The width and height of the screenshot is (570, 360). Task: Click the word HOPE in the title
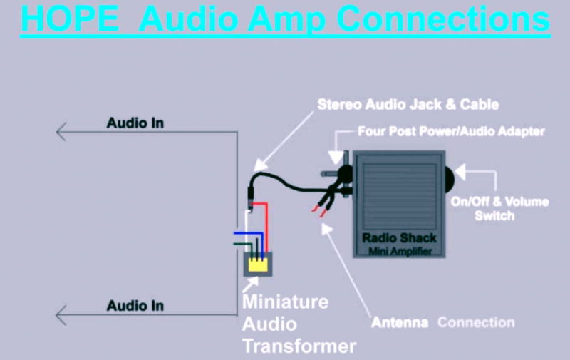tap(70, 19)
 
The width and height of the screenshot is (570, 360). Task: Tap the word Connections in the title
tap(443, 19)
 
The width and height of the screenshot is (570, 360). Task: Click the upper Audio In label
tap(135, 123)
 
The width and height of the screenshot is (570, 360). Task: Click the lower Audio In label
tap(135, 305)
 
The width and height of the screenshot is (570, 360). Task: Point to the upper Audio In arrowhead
tap(61, 131)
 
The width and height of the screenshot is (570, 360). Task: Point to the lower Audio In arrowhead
tap(61, 315)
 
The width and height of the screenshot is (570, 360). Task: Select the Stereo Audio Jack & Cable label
tap(408, 104)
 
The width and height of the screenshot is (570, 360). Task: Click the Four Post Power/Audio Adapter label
tap(451, 131)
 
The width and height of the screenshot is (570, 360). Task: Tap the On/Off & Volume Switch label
tap(500, 209)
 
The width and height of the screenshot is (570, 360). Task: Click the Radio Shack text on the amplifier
tap(399, 238)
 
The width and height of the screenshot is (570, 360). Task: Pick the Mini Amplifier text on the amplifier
tap(400, 251)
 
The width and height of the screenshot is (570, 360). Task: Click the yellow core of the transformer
tap(258, 264)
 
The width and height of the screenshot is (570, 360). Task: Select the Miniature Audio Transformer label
tap(299, 324)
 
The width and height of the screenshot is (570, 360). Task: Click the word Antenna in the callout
tap(400, 322)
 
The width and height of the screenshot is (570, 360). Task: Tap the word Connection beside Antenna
tap(476, 322)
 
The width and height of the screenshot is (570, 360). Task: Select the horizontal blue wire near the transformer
tap(248, 232)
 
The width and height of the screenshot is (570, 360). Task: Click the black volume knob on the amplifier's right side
tap(450, 179)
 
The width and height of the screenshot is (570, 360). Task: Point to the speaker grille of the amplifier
tap(399, 196)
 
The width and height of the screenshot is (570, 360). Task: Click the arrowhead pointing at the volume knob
tap(460, 172)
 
